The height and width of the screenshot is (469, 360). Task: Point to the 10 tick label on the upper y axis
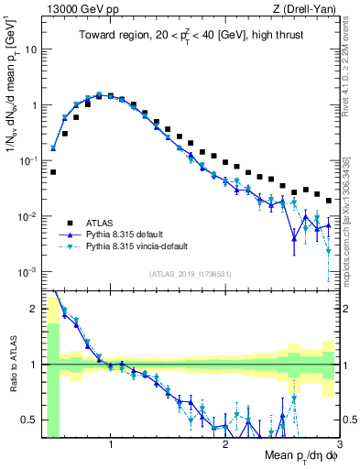coord(29,49)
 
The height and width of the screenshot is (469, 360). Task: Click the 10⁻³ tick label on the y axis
coord(27,272)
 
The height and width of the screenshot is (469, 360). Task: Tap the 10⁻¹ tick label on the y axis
coord(27,160)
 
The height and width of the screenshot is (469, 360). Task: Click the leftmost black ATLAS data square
coord(53,171)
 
